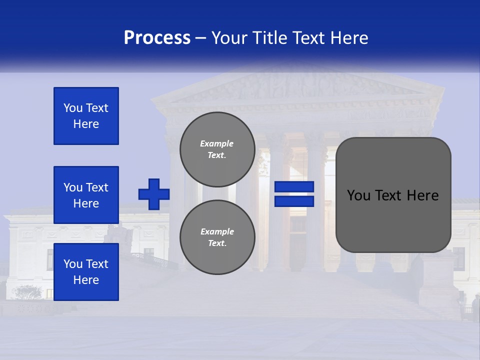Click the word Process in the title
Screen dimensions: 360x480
[x=157, y=38]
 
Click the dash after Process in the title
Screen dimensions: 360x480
[x=200, y=38]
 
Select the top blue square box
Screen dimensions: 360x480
[x=86, y=116]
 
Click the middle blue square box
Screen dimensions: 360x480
[x=86, y=195]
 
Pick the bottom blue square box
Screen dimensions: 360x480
[x=86, y=272]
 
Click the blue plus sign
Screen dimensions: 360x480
[x=154, y=194]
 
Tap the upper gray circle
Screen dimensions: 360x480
[x=217, y=149]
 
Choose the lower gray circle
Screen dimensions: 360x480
[x=217, y=237]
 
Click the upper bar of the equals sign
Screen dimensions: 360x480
[x=294, y=187]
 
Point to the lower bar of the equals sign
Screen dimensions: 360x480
[x=294, y=201]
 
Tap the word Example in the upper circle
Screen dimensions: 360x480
[x=217, y=143]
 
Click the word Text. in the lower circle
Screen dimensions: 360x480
[x=217, y=243]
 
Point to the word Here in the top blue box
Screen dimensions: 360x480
[x=86, y=124]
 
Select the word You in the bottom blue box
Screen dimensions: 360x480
[x=72, y=264]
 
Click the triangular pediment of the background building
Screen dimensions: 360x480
[x=300, y=87]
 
